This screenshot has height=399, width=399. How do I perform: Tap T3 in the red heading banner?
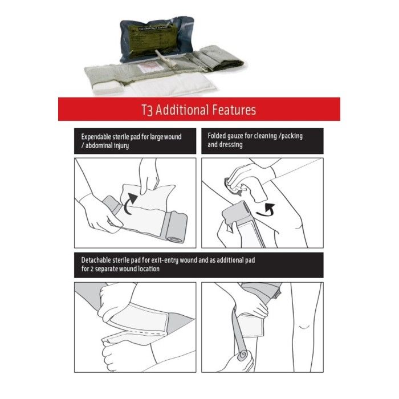point(149,110)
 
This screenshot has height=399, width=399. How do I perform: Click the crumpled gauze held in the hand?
point(235,185)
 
